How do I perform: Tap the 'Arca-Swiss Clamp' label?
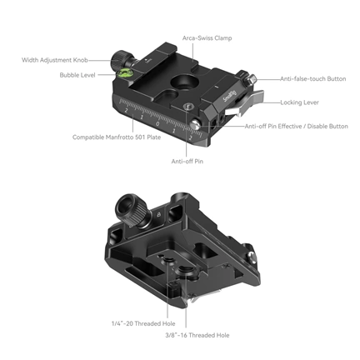click(x=206, y=38)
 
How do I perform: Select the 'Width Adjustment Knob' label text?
click(x=57, y=59)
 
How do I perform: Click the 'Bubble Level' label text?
click(x=79, y=75)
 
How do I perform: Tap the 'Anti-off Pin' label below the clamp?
click(x=187, y=160)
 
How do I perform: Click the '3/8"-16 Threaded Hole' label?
click(x=197, y=334)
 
